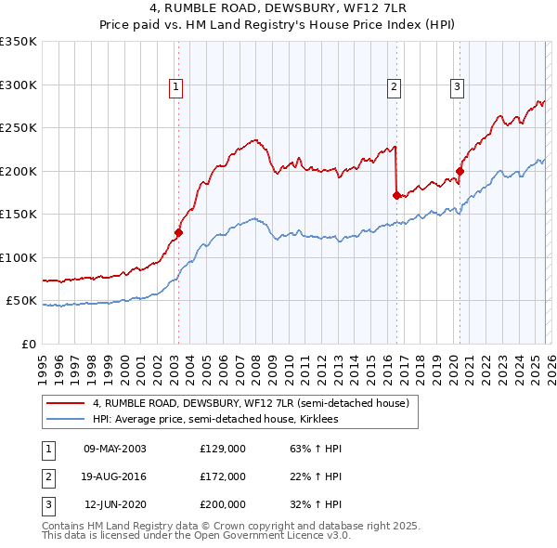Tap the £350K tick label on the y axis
tap(19, 42)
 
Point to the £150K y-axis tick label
tap(19, 215)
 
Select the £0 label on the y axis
tap(28, 345)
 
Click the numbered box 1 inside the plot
tap(175, 87)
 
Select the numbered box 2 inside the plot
tap(394, 87)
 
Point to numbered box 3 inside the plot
tap(458, 87)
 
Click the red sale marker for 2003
tap(178, 233)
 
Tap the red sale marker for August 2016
tap(396, 196)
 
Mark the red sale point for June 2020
tap(460, 172)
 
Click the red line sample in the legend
tap(65, 404)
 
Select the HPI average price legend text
tap(215, 419)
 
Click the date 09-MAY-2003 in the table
tap(115, 449)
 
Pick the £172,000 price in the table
tap(223, 476)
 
